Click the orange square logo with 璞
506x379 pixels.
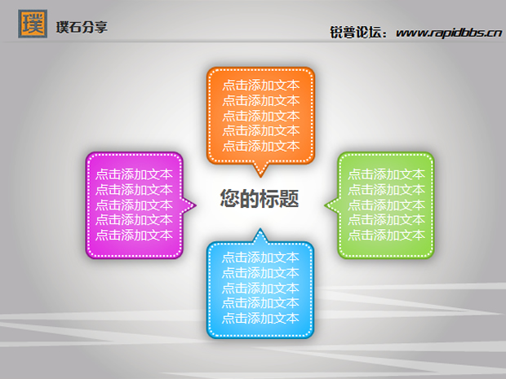(33, 24)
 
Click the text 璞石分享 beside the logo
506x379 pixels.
(82, 27)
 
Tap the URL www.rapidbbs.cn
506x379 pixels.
(449, 33)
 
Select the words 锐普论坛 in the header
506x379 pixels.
(355, 33)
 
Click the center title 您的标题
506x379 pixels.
(260, 198)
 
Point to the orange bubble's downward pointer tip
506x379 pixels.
(260, 177)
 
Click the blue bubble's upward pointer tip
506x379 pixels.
(260, 229)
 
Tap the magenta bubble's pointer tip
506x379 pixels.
(196, 205)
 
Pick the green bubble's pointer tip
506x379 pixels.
(325, 205)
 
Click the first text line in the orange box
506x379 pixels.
(260, 85)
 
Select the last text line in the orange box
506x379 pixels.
(260, 146)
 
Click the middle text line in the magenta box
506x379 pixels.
(134, 205)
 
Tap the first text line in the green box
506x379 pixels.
(386, 174)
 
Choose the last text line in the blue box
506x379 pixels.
(260, 318)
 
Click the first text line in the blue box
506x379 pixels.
(260, 258)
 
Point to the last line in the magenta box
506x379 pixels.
(134, 235)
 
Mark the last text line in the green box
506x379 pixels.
(386, 235)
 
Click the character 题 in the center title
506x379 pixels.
(289, 198)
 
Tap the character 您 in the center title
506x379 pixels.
(230, 198)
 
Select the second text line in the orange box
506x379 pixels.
(260, 100)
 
